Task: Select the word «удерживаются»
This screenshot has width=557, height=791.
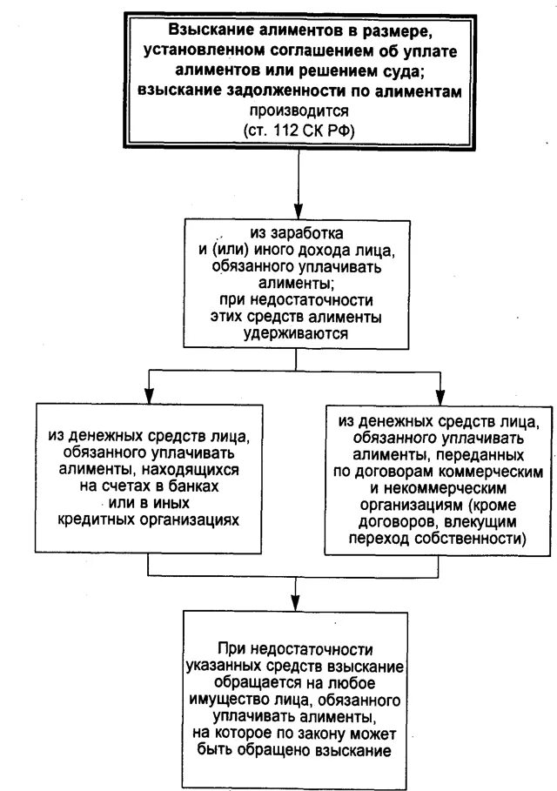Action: tap(298, 332)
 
